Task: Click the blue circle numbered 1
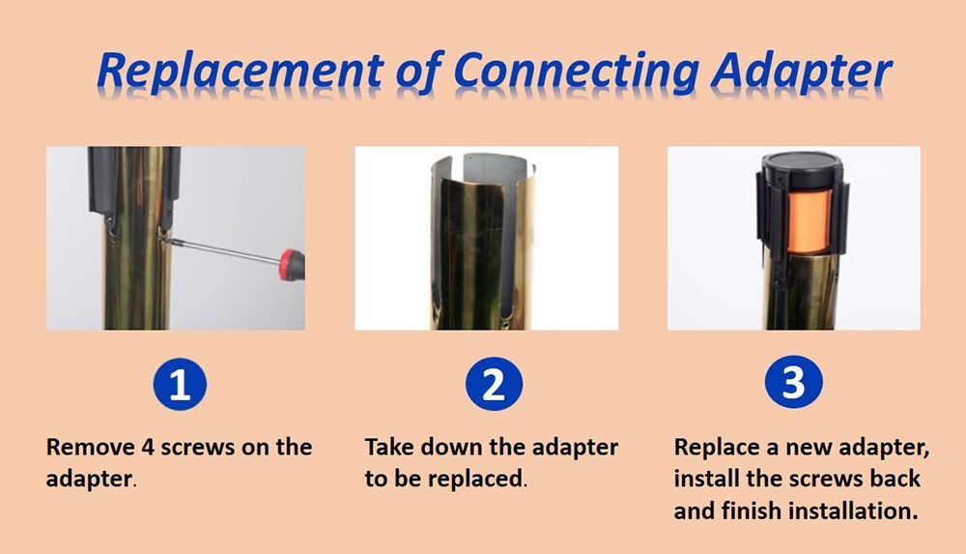(180, 384)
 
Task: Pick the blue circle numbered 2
(494, 384)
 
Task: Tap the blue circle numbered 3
(793, 383)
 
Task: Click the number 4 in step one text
(148, 448)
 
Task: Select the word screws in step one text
(197, 448)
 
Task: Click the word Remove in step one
(91, 448)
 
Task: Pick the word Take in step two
(389, 448)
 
